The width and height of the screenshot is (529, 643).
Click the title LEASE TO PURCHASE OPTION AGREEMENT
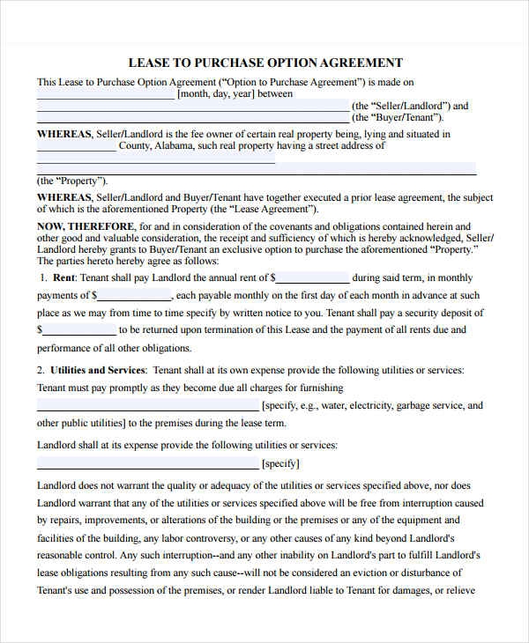[265, 63]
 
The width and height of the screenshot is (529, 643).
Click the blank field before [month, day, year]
[106, 93]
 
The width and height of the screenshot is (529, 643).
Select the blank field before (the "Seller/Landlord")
[192, 106]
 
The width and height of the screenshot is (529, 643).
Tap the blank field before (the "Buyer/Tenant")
[192, 117]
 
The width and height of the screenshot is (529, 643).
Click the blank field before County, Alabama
[76, 146]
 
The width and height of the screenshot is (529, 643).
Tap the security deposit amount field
[78, 330]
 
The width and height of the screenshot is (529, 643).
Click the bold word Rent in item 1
[63, 277]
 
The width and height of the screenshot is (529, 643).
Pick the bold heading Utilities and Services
[96, 370]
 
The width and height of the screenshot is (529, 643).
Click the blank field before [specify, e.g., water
[147, 406]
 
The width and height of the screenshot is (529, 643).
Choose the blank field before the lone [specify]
[147, 463]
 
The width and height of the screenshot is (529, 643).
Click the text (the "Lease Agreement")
[264, 210]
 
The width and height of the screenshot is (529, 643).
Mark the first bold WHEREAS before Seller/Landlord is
[63, 134]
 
